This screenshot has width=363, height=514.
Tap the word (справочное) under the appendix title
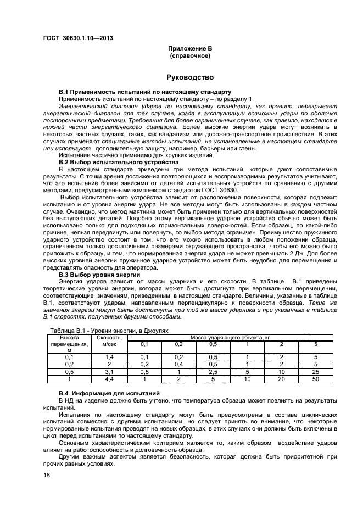(189, 55)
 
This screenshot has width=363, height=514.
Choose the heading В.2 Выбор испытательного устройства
(119, 163)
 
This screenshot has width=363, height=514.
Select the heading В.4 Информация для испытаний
(109, 394)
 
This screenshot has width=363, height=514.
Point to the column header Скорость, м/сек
(109, 341)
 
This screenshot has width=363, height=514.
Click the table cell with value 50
(315, 379)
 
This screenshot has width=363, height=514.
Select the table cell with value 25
(315, 372)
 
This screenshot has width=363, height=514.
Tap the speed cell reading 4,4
(109, 379)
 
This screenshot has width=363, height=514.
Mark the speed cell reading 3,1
(109, 372)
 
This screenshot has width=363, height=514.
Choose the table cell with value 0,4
(178, 364)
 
